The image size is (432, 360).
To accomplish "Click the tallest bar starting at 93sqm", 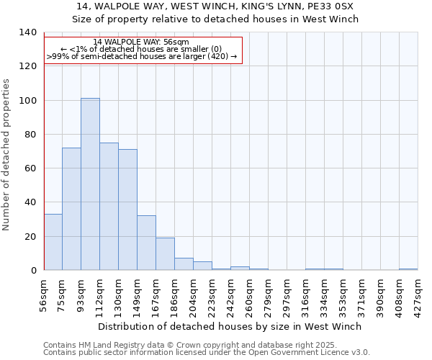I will coord(90,184).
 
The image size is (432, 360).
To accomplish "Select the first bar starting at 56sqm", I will coord(53,242).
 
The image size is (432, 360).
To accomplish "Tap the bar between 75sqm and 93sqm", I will coord(71,209).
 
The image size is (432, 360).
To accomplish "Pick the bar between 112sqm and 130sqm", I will coord(109,207).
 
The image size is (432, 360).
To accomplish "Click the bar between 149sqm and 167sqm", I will coord(146,243).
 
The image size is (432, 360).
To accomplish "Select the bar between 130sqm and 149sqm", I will coord(127,210).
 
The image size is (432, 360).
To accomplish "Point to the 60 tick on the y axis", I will coord(30,168).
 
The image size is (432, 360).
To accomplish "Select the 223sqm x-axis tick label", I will coord(212,294).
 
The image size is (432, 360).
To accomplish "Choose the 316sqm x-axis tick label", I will coord(306,294).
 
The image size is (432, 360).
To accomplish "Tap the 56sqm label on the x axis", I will coord(44,292).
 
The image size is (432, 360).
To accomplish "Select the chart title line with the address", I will coord(215,6).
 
